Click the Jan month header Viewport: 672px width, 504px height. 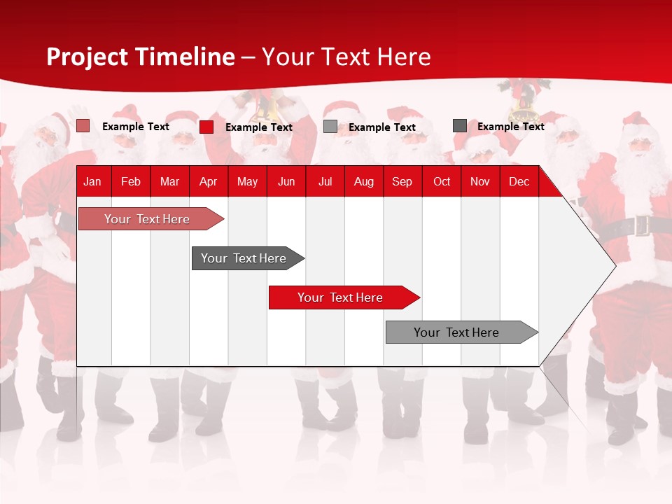(x=92, y=182)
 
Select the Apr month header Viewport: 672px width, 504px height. (x=208, y=182)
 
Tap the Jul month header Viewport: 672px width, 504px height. (x=325, y=182)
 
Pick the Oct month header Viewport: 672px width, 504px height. (x=442, y=182)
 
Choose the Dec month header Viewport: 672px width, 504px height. (x=519, y=182)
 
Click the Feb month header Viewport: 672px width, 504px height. (x=131, y=182)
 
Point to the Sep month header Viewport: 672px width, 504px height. (x=402, y=182)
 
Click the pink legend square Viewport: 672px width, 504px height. (x=83, y=126)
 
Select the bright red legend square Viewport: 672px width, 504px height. (x=206, y=127)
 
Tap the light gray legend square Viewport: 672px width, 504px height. (x=330, y=127)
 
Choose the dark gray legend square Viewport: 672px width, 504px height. (x=460, y=126)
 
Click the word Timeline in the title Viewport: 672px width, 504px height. (x=185, y=57)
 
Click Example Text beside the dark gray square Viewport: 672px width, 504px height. (x=510, y=127)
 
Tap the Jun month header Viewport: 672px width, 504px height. (x=286, y=182)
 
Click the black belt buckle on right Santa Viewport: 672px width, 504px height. (x=641, y=226)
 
